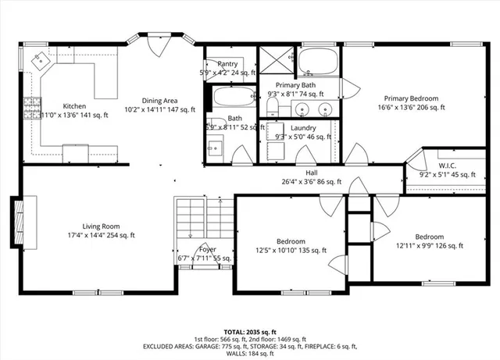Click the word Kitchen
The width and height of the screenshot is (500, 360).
tap(74, 106)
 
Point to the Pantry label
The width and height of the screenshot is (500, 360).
tap(228, 64)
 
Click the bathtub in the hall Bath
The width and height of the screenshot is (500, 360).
tap(234, 97)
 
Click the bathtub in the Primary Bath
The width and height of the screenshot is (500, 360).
tap(319, 61)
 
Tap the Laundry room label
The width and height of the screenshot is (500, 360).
tap(302, 127)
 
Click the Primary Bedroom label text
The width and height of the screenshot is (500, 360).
tap(411, 98)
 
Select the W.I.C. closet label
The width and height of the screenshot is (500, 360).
tap(448, 166)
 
